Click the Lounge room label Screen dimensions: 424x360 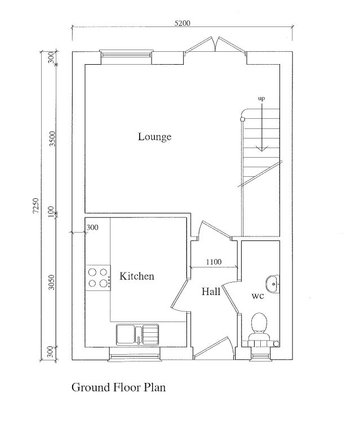tap(154, 137)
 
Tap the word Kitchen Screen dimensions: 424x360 tap(136, 276)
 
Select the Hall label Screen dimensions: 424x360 tap(211, 292)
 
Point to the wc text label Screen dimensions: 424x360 tap(257, 295)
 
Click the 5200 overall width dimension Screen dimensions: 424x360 tap(183, 24)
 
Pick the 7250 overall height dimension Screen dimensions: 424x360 tap(35, 206)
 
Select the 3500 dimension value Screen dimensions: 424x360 tap(52, 139)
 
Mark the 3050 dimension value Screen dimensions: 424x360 tap(52, 282)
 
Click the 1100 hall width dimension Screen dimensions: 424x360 tap(214, 261)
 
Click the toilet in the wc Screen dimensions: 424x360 tap(260, 327)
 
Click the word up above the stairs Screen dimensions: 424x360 tap(261, 99)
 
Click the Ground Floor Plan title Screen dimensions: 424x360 tap(118, 387)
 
